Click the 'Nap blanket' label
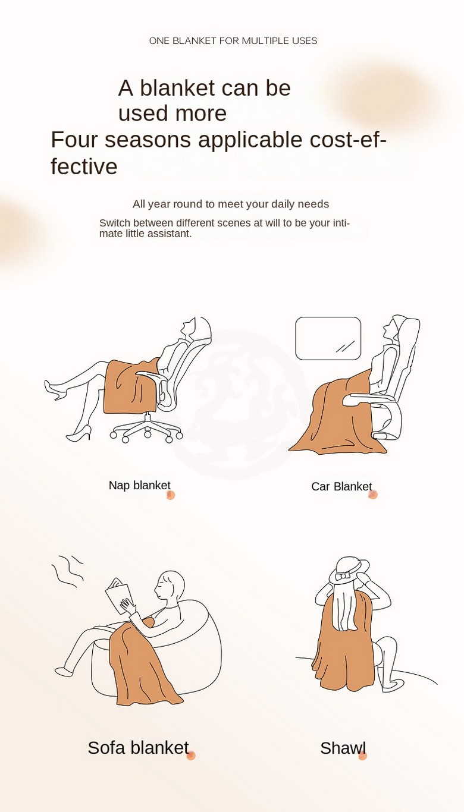pyautogui.click(x=140, y=486)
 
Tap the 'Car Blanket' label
pyautogui.click(x=341, y=486)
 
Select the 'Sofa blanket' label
pyautogui.click(x=138, y=747)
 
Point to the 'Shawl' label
pyautogui.click(x=343, y=748)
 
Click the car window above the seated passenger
pyautogui.click(x=328, y=338)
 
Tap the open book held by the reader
pyautogui.click(x=120, y=596)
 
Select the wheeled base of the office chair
pyautogui.click(x=146, y=430)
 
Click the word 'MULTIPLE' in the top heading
pyautogui.click(x=261, y=40)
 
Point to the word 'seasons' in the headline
pyautogui.click(x=148, y=140)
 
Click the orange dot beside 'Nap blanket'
pyautogui.click(x=171, y=495)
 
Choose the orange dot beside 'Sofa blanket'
pyautogui.click(x=191, y=756)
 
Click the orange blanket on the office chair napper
pyautogui.click(x=131, y=386)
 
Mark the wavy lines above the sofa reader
pyautogui.click(x=68, y=571)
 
